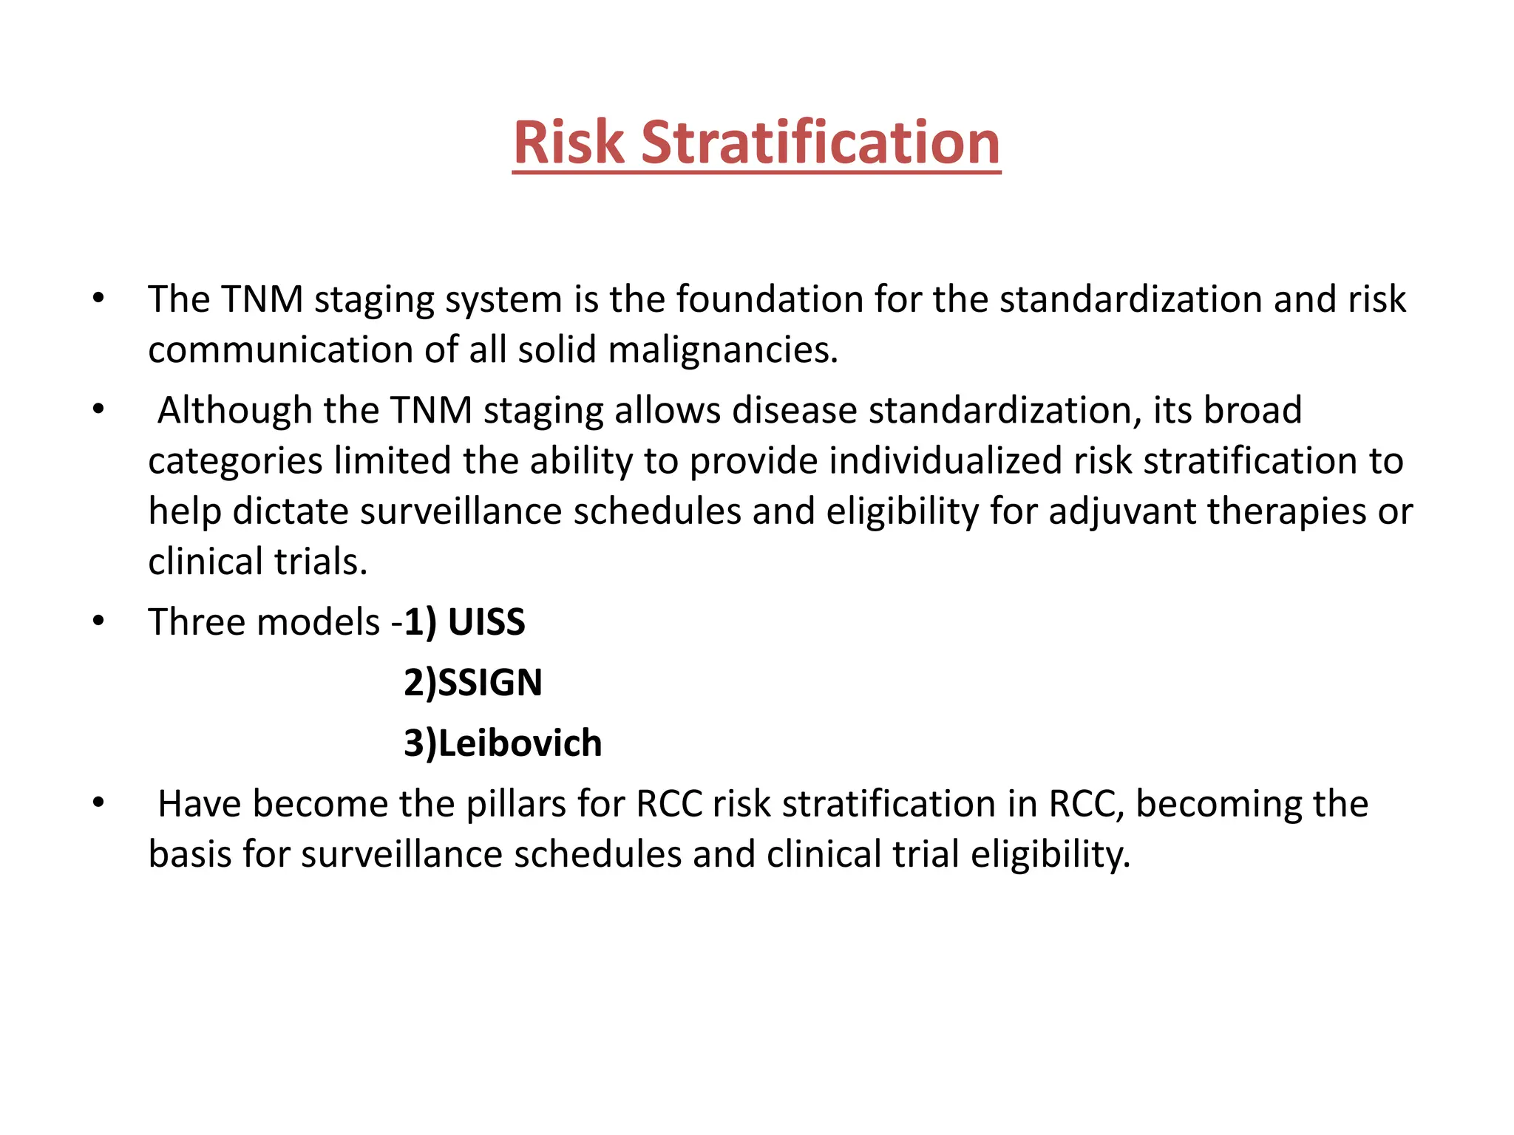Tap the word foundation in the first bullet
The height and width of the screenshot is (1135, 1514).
tap(770, 299)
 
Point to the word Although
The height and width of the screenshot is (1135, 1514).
tap(234, 410)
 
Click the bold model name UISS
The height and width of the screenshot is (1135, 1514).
tap(486, 622)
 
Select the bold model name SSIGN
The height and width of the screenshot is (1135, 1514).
tap(490, 682)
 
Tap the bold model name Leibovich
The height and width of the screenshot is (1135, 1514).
tap(520, 743)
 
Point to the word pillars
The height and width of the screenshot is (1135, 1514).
tap(517, 804)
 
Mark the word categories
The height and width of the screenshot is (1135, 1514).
tap(235, 460)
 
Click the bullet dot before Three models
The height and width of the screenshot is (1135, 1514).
tap(98, 621)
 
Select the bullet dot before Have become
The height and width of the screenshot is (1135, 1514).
tap(98, 803)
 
